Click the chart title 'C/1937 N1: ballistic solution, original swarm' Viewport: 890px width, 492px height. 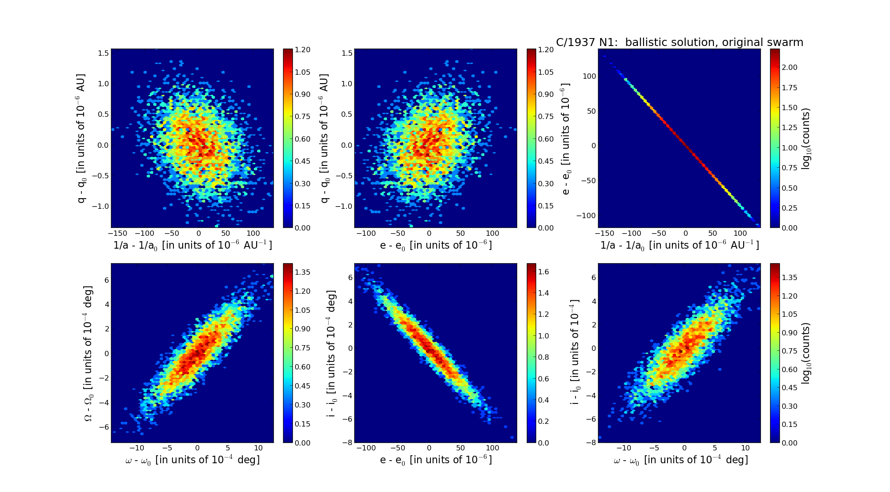(679, 42)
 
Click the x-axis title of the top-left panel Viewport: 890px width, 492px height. (192, 245)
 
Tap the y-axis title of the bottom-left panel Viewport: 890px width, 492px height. (88, 353)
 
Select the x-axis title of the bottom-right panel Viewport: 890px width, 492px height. (681, 460)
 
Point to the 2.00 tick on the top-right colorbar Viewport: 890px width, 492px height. (790, 67)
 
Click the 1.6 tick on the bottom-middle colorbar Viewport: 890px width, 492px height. (543, 272)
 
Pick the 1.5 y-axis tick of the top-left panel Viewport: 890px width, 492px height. (104, 53)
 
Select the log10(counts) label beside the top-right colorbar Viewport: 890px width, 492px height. (806, 138)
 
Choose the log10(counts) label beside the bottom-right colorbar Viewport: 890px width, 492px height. (806, 353)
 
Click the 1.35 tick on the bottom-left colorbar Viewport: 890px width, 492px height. (303, 272)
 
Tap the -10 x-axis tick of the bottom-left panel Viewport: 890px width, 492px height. (137, 448)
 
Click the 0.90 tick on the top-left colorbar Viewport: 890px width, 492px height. (303, 94)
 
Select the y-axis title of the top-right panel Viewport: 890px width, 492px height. (566, 138)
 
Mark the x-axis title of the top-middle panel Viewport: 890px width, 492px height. (436, 245)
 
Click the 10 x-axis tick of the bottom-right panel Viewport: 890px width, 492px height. (745, 448)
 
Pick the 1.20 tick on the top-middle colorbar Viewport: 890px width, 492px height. (546, 50)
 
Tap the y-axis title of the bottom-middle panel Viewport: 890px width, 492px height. (332, 353)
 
